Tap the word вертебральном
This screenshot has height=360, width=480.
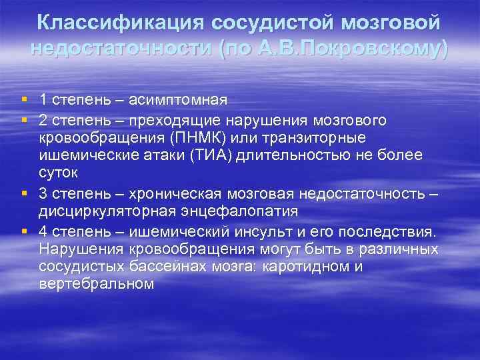coord(97,284)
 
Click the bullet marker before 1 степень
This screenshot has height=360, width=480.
coord(24,100)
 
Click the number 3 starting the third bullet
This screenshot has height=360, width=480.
coord(43,192)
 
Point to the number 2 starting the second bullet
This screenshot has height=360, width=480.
coord(43,119)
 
